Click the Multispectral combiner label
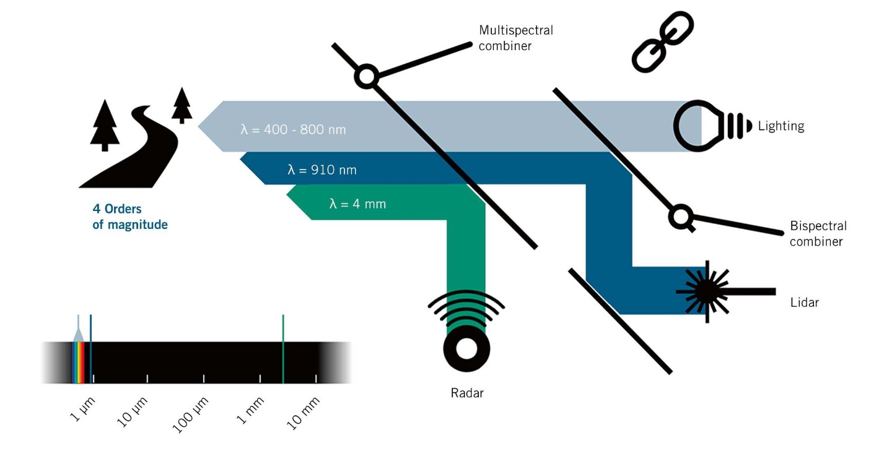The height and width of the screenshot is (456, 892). point(515,38)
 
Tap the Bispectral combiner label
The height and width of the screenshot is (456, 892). point(818,234)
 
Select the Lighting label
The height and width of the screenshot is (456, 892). point(781,126)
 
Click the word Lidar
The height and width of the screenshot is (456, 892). point(805,303)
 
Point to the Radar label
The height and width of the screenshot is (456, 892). point(466,393)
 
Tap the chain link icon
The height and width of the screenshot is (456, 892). point(663,42)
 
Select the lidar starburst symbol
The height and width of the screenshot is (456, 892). point(706,292)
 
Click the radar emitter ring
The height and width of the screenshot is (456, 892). point(466,349)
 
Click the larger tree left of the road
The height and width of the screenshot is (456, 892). point(105,126)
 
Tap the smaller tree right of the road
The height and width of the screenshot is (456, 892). point(182,105)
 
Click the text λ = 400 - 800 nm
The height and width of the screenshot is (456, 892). point(293,130)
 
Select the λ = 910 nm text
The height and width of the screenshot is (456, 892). point(321,170)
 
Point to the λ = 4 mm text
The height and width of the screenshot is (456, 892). point(357,204)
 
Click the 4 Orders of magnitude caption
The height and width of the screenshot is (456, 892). point(130,217)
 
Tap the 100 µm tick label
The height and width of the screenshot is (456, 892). point(190,415)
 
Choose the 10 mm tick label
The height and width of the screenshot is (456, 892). point(303,413)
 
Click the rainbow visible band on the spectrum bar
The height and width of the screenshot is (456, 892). point(79,363)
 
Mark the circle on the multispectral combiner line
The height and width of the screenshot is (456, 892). point(366,76)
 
